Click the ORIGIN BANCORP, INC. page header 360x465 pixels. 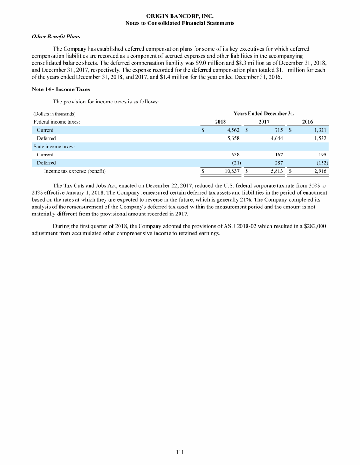point(180,16)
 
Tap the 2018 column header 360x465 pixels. point(220,122)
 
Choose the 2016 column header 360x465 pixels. point(307,122)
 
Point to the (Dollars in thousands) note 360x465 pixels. point(54,114)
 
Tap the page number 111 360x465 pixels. point(180,452)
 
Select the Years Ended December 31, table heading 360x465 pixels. point(264,113)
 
